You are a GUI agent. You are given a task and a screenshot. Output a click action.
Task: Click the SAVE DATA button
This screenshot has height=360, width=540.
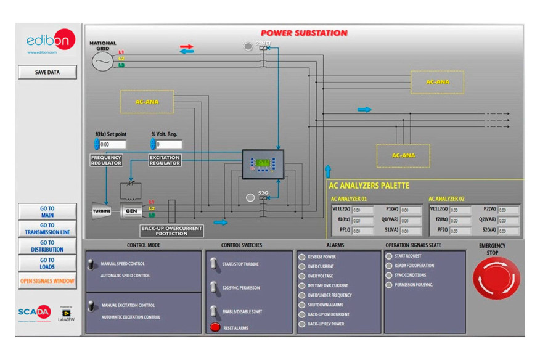(47, 72)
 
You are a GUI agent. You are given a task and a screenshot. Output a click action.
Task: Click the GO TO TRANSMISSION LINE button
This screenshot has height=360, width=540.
(47, 229)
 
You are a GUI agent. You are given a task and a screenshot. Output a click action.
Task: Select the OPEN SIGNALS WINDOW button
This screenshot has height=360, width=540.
(47, 281)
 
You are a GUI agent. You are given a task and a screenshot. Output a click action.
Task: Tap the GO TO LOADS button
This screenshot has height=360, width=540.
(47, 264)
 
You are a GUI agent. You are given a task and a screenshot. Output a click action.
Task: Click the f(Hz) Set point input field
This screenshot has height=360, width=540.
(112, 144)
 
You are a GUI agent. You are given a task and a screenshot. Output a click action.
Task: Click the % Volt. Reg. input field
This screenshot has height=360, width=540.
(168, 144)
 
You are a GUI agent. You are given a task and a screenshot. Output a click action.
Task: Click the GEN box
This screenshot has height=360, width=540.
(131, 211)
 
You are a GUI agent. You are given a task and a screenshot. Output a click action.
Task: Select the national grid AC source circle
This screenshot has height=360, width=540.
(102, 60)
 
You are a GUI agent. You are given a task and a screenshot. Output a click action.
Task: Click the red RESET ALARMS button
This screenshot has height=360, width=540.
(215, 328)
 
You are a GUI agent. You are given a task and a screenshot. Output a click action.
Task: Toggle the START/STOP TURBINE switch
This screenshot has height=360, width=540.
(214, 264)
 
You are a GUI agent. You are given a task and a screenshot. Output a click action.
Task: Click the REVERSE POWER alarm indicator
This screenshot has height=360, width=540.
(301, 257)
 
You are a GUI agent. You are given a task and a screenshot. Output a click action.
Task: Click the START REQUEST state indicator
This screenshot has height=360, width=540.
(389, 256)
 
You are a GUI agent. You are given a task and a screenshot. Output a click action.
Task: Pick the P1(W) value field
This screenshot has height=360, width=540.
(411, 210)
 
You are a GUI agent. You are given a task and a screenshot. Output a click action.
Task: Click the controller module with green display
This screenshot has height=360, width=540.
(263, 164)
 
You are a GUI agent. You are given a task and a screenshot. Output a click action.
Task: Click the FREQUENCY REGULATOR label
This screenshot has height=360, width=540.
(106, 160)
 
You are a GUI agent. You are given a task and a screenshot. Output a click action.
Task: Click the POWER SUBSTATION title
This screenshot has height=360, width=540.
(304, 33)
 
